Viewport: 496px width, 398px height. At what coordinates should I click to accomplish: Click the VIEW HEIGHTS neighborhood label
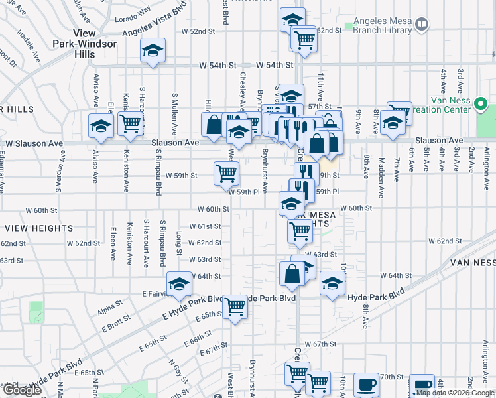(38, 228)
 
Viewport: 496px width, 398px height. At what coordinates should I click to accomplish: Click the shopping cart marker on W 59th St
(226, 173)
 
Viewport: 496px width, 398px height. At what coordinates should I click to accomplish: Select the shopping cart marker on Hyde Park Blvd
(235, 306)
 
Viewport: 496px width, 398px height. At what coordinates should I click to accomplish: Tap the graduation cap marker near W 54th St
(153, 50)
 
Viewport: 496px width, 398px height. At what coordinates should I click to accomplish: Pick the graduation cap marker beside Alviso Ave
(101, 125)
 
